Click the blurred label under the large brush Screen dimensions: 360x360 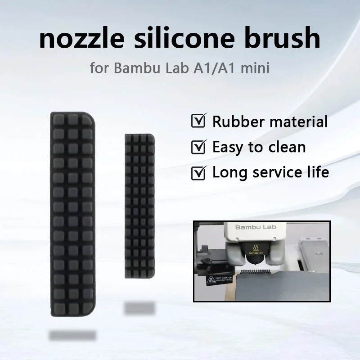72,335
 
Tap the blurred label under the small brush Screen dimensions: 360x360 139,308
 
